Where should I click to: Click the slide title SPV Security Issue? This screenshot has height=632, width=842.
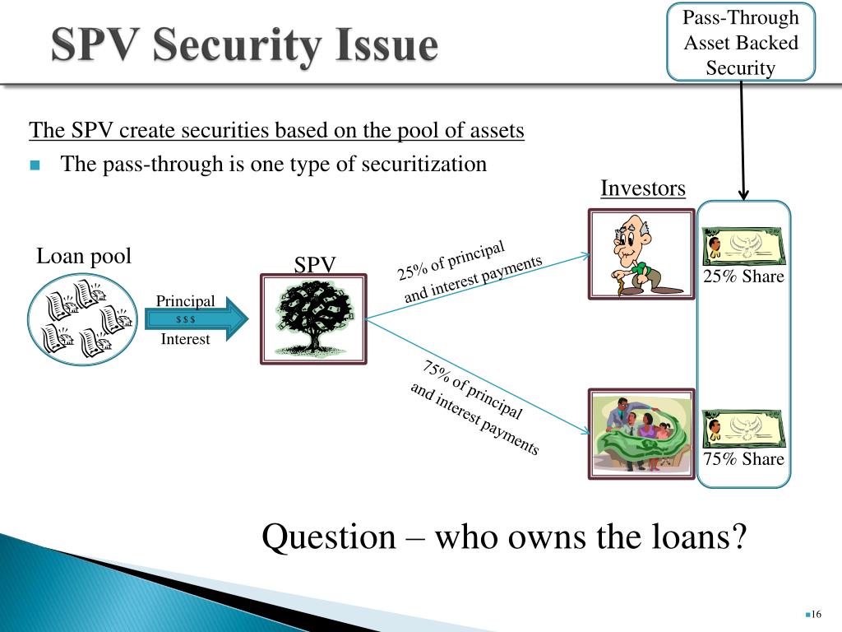[x=244, y=46]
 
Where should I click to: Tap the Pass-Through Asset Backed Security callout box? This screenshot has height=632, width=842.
[x=741, y=43]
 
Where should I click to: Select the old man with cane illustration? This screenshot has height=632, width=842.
[x=641, y=253]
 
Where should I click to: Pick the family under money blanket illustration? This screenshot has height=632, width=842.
[x=641, y=434]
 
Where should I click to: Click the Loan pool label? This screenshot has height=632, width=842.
[x=84, y=257]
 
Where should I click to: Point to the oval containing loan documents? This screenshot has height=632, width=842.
[x=81, y=319]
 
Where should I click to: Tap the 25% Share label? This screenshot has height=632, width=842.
[x=743, y=276]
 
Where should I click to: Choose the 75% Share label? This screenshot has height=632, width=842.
[x=743, y=459]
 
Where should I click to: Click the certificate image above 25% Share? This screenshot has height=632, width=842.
[x=743, y=245]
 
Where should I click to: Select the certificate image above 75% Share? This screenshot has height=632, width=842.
[x=743, y=429]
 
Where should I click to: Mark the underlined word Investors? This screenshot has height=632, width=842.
[x=642, y=188]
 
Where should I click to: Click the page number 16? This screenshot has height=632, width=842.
[x=817, y=615]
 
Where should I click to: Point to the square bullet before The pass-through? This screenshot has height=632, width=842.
[x=35, y=165]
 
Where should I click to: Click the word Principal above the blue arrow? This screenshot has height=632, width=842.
[x=186, y=301]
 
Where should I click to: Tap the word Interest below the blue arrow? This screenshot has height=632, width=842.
[x=186, y=339]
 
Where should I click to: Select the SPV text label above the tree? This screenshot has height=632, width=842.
[x=315, y=265]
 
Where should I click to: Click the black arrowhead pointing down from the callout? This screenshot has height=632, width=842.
[x=743, y=195]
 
